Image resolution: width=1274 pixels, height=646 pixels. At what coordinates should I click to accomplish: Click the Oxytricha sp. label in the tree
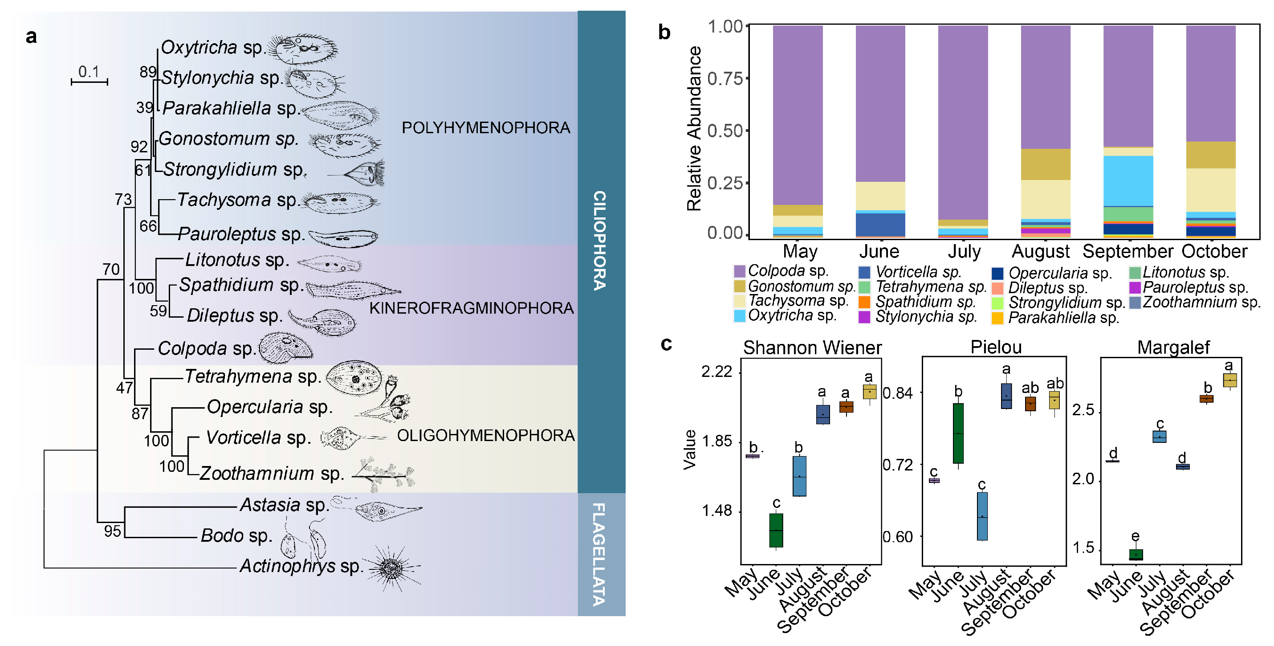click(x=213, y=48)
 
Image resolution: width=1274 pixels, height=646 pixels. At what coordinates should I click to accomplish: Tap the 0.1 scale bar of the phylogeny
click(x=90, y=82)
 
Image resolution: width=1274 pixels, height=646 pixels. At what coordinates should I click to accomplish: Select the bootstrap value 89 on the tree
click(x=147, y=72)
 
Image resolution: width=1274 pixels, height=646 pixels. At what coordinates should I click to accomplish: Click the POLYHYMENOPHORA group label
click(x=485, y=127)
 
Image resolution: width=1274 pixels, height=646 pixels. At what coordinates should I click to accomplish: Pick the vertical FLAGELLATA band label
click(x=599, y=554)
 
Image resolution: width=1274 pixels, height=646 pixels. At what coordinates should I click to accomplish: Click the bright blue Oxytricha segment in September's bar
click(x=1127, y=180)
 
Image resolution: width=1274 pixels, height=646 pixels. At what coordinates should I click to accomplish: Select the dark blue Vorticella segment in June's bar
click(x=880, y=225)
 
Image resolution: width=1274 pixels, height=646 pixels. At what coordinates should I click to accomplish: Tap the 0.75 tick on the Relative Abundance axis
click(x=725, y=78)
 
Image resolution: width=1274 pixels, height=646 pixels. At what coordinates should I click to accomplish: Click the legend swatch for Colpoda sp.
click(x=739, y=271)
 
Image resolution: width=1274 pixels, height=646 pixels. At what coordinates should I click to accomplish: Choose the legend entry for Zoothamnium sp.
click(x=1201, y=302)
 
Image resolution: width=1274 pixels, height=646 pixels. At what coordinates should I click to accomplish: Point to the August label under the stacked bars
click(x=1040, y=252)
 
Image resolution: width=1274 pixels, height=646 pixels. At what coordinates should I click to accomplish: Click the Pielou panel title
click(x=996, y=347)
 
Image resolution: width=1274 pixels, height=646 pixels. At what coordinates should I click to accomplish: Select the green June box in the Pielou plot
click(x=958, y=433)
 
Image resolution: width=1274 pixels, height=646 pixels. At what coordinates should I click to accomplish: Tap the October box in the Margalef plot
click(x=1229, y=380)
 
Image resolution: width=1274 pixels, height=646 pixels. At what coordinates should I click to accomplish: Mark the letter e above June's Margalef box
click(x=1136, y=536)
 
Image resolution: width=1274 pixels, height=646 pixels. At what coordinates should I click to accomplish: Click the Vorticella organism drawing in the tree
click(x=341, y=438)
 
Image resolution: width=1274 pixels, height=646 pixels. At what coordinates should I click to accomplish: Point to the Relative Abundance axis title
click(x=694, y=129)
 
